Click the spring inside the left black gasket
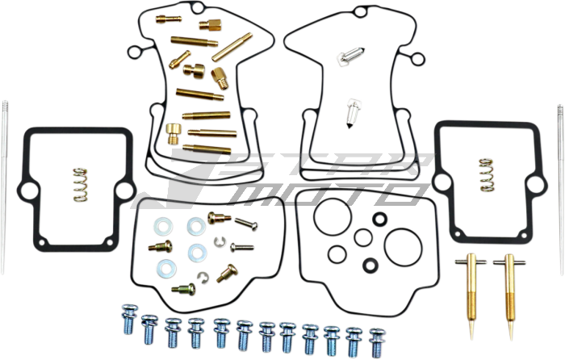[x=81, y=185]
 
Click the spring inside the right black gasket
[x=487, y=175]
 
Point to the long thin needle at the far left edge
[x=4, y=186]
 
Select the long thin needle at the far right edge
[x=561, y=190]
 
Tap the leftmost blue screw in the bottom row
[x=129, y=320]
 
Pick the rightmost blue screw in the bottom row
[x=377, y=343]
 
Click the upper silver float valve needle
[x=350, y=57]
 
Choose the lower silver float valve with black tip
[x=354, y=114]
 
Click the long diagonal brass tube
[x=232, y=47]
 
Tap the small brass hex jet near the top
[x=210, y=25]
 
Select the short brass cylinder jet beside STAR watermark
[x=174, y=133]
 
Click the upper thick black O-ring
[x=380, y=219]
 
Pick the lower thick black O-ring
[x=370, y=266]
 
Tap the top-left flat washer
[x=163, y=226]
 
